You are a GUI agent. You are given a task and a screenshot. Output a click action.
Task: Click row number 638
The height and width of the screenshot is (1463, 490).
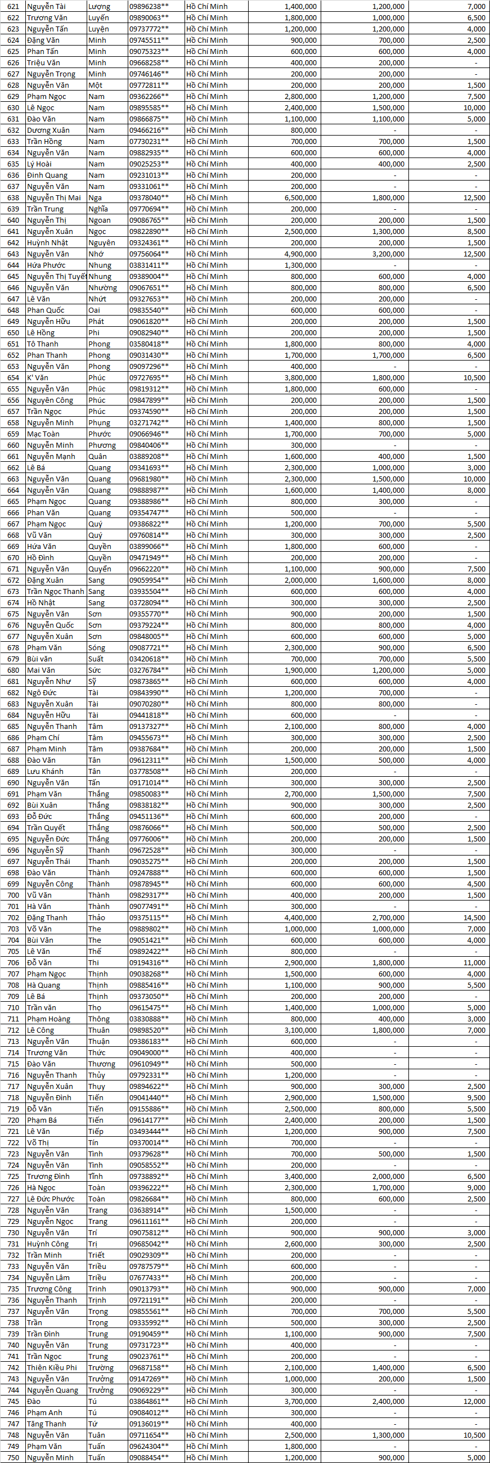pos(13,197)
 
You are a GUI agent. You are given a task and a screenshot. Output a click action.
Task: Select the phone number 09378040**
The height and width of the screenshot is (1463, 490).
pos(149,197)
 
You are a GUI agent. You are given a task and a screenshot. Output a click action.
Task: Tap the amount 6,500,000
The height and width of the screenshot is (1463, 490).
pos(300,197)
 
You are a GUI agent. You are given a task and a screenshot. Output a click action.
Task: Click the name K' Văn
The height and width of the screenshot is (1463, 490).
pos(38,377)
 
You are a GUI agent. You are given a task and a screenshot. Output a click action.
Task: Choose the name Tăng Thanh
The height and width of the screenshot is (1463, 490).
pos(47,1424)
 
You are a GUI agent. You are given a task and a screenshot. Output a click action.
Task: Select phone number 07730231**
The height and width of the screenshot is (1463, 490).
pos(149,141)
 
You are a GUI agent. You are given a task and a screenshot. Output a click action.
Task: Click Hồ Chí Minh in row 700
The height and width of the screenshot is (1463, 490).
pos(206,895)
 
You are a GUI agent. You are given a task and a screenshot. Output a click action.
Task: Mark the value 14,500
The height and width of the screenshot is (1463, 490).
pos(474,918)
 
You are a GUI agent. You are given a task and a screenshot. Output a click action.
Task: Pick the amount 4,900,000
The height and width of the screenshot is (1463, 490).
pos(300,254)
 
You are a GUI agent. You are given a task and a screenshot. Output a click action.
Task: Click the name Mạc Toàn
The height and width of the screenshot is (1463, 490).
pos(43,434)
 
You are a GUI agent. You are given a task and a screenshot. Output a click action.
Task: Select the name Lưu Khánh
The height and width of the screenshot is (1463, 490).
pos(45,771)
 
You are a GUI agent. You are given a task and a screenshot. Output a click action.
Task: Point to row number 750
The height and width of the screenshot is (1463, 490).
pos(13,1457)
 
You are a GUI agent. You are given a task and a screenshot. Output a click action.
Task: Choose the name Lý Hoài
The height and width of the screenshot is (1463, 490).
pos(39,164)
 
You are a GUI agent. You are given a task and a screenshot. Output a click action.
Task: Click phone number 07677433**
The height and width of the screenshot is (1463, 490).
pos(149,1278)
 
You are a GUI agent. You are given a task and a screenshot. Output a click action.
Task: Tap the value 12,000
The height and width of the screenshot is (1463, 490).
pos(474,1401)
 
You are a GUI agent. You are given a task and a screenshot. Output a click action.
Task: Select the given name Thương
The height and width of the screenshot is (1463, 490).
pos(102,1064)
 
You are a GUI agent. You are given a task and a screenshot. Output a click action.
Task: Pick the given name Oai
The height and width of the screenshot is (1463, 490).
pos(95,310)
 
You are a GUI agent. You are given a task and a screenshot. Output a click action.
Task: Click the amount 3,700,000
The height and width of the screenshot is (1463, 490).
pos(300,1401)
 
